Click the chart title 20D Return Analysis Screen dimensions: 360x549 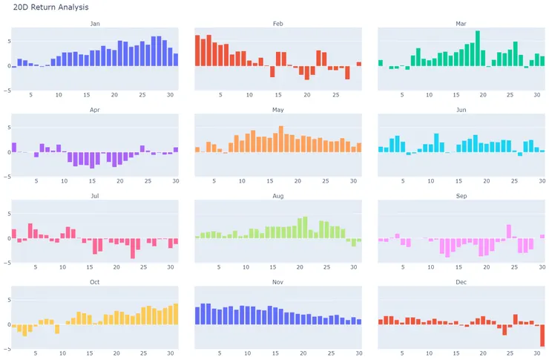point(50,7)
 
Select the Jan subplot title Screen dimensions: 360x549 point(94,24)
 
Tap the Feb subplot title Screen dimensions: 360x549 point(277,24)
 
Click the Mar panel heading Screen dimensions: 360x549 point(461,24)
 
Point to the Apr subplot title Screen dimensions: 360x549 point(94,110)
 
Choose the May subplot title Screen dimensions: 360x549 point(277,110)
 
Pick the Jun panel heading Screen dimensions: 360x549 point(461,110)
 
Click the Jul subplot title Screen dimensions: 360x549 point(94,196)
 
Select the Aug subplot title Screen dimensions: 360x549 point(277,196)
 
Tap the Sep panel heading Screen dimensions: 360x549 point(461,196)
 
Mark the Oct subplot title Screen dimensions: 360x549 point(94,282)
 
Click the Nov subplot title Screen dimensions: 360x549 point(277,282)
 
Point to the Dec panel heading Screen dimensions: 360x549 point(461,282)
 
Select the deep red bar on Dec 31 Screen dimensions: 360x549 point(542,336)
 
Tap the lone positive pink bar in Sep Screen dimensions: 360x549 point(509,231)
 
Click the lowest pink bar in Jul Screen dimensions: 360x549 point(133,248)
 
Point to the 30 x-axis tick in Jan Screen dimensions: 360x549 point(170,95)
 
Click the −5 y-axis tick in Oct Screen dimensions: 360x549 point(6,349)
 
